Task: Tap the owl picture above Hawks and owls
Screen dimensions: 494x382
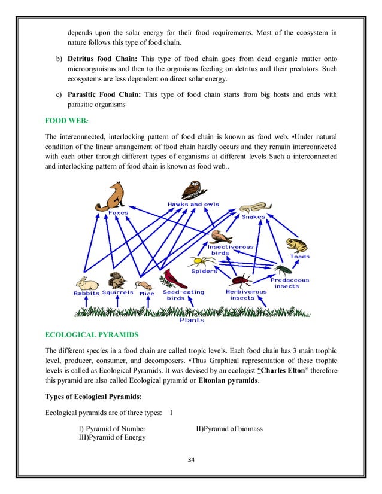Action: coord(192,190)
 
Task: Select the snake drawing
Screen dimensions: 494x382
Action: coord(253,207)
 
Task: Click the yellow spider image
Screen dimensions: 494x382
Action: coord(198,261)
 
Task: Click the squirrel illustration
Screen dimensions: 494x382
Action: coord(115,280)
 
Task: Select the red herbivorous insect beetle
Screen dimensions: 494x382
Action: coord(241,280)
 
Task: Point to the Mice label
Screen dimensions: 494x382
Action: coord(147,294)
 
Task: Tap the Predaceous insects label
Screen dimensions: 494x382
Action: coord(290,283)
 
